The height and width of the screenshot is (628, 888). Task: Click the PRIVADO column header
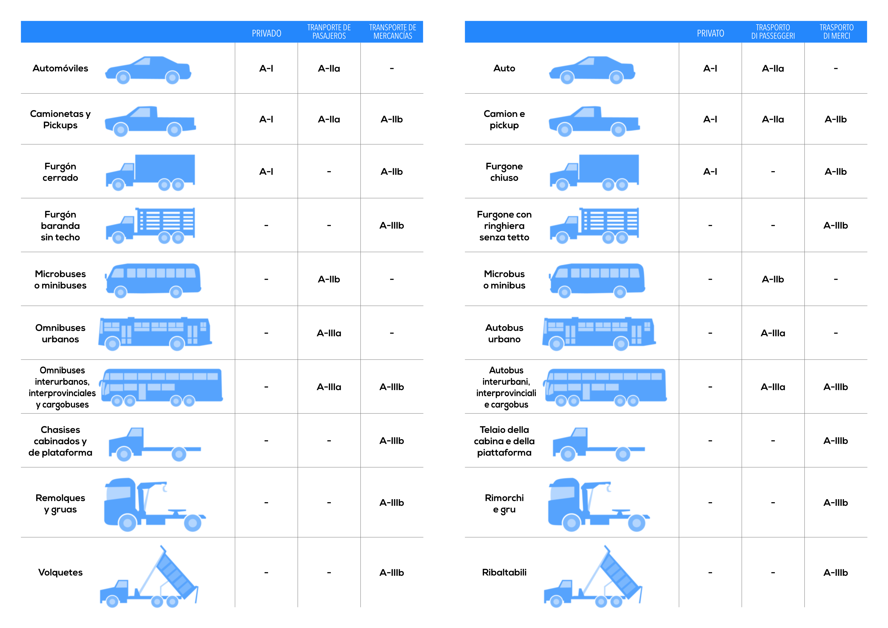click(267, 33)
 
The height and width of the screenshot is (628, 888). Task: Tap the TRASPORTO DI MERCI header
click(837, 32)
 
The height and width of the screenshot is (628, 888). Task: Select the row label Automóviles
click(60, 68)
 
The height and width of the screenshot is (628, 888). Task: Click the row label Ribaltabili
click(504, 572)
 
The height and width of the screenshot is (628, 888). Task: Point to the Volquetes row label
click(60, 572)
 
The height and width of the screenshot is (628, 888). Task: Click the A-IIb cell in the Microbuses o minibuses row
click(329, 279)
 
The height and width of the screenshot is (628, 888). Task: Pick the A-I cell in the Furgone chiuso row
click(710, 171)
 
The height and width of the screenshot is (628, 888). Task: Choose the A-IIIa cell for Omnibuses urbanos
click(329, 333)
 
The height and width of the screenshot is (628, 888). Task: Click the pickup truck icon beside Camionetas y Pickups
click(150, 121)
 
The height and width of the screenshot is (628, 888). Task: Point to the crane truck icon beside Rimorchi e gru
click(599, 505)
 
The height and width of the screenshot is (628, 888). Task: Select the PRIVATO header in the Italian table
click(711, 33)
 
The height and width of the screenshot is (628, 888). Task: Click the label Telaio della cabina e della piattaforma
click(504, 441)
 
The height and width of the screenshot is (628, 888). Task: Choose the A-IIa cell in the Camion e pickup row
click(773, 119)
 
